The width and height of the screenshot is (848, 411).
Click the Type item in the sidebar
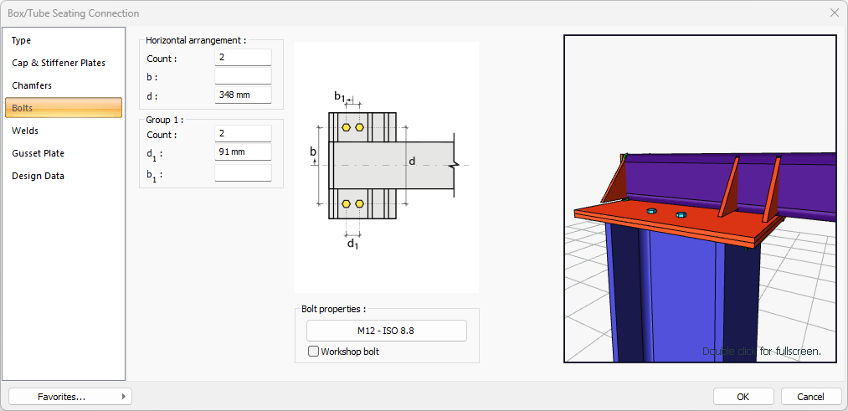pos(22,40)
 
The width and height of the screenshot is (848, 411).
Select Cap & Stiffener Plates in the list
pos(59,63)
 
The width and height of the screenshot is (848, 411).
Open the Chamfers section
pos(32,85)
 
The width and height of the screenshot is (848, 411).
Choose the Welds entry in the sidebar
pos(25,131)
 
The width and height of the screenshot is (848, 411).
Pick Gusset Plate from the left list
pos(38,153)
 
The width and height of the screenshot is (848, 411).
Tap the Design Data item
pos(38,176)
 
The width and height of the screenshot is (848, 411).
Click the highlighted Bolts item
pos(64,108)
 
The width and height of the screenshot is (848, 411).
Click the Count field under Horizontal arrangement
pos(243,58)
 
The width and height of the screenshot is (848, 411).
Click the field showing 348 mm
pos(243,95)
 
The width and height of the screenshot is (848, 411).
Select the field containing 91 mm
pos(243,152)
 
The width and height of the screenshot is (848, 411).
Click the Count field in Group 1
pos(243,134)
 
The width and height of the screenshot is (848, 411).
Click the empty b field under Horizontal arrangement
pos(243,76)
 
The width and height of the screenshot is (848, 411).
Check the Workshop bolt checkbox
pos(314,352)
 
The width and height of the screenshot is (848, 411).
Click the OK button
pos(743,396)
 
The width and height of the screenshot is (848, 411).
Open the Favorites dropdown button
pos(70,396)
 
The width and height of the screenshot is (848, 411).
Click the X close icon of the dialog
pos(834,13)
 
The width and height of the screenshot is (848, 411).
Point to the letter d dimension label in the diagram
pos(412,160)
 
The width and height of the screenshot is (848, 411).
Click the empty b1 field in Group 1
pos(243,173)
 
